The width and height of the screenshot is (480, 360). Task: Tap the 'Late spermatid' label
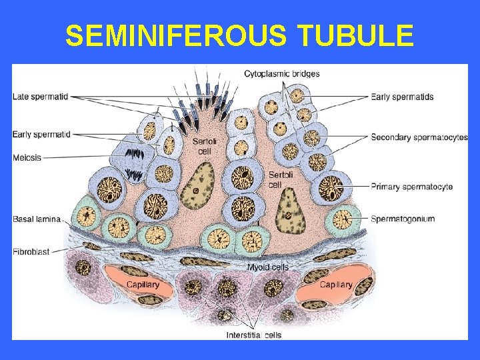point(40,97)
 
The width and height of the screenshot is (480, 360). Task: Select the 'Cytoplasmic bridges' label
point(281,73)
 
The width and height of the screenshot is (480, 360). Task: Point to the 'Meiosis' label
point(27,158)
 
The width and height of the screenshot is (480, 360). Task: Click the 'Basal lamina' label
point(37,219)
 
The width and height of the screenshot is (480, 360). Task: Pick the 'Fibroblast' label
point(31,252)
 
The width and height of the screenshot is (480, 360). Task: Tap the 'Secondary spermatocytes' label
point(419,138)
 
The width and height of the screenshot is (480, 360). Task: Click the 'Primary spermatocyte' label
point(412,187)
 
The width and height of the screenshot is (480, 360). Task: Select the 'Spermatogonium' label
point(403,219)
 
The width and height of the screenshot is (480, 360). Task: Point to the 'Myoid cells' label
point(268,267)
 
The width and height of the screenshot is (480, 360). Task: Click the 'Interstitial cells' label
point(254,335)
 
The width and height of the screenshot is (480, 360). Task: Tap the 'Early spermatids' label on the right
point(402,97)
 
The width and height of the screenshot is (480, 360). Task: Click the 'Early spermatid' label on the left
point(41,135)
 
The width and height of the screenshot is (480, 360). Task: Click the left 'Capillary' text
point(143,285)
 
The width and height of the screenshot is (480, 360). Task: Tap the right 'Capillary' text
point(335,285)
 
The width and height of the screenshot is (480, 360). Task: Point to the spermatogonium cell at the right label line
point(341,218)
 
